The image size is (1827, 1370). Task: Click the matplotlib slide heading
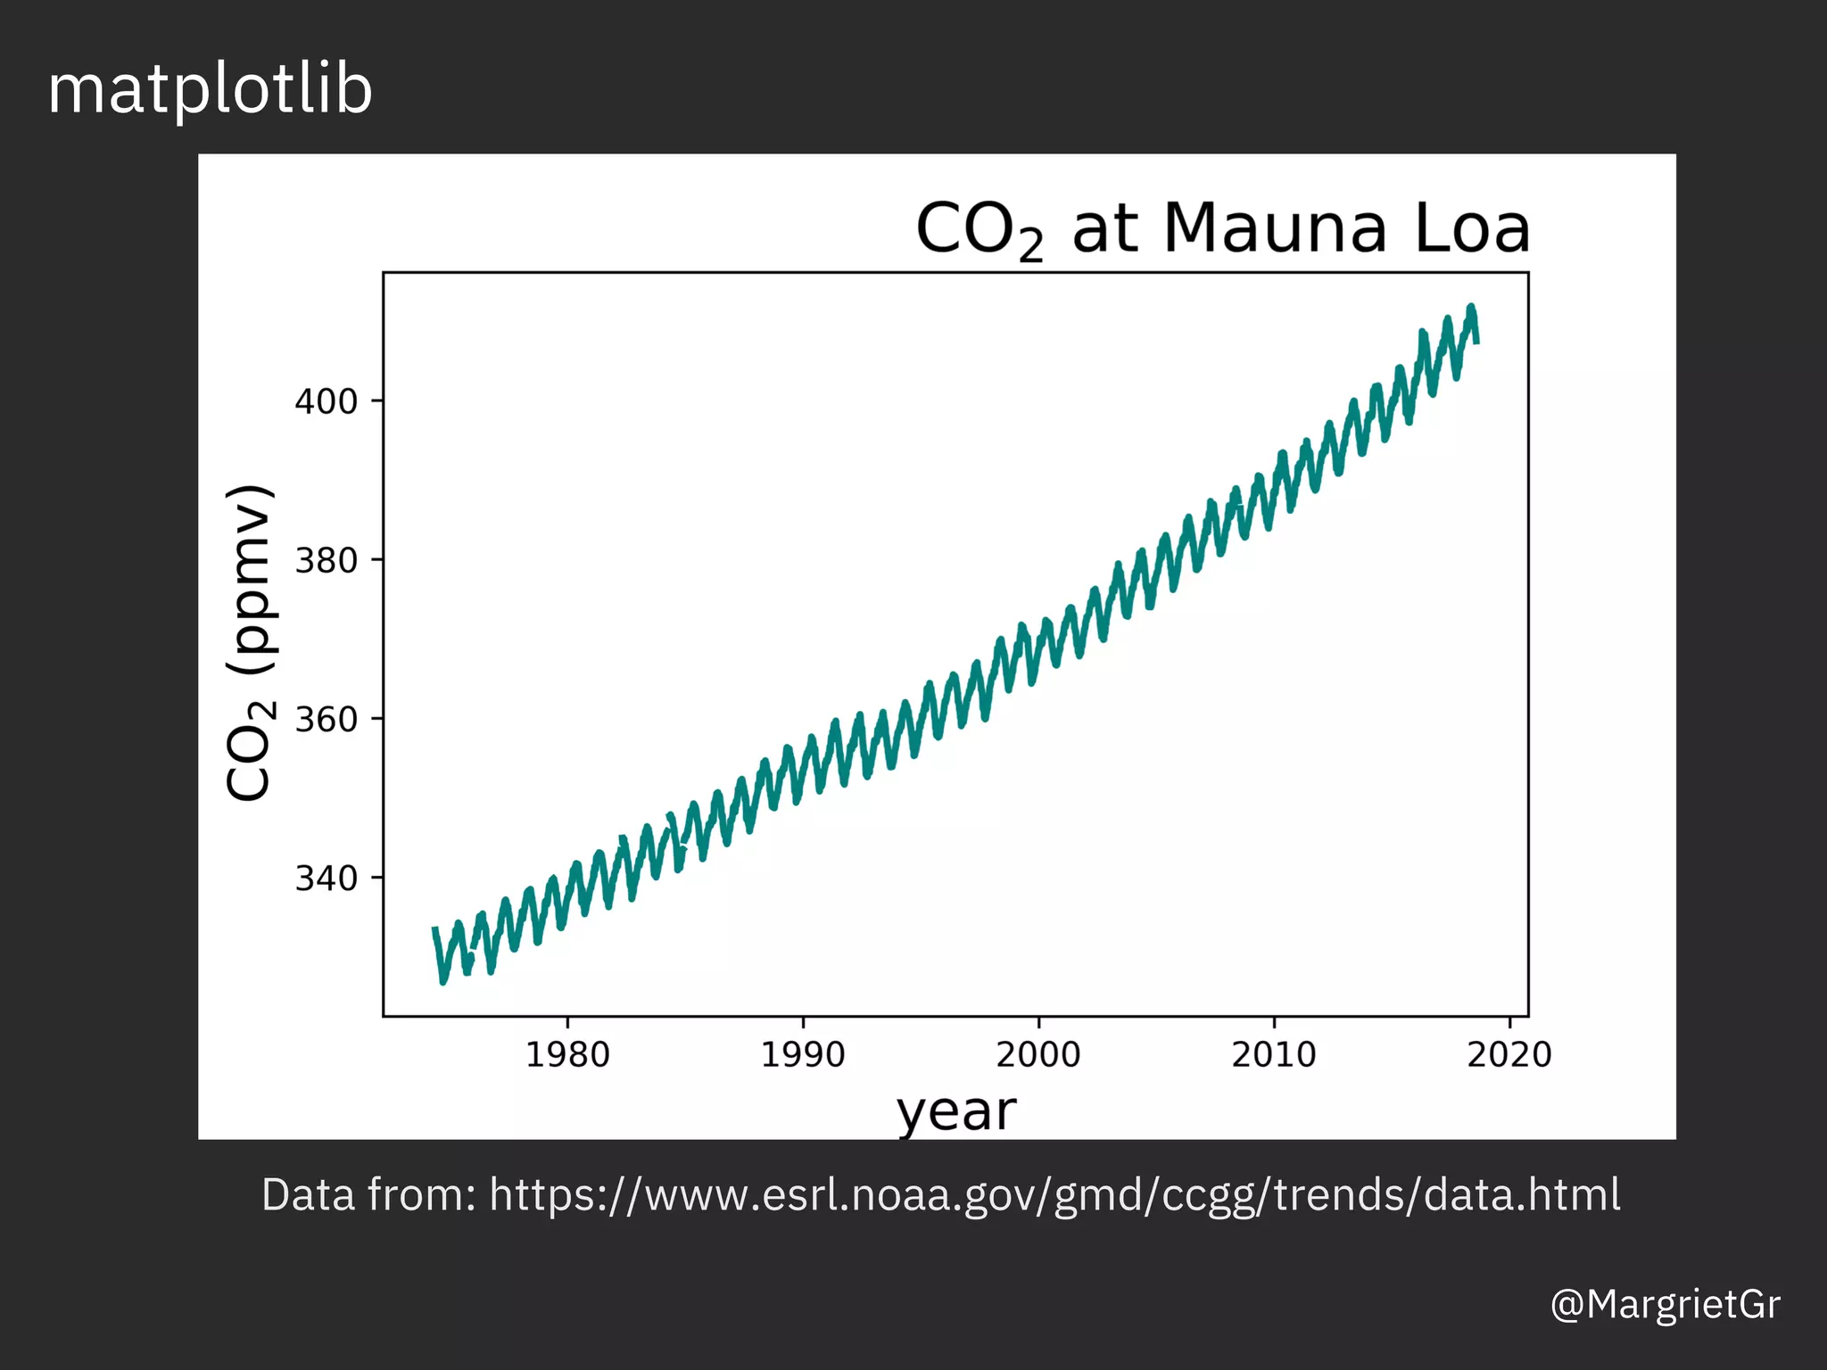(x=210, y=90)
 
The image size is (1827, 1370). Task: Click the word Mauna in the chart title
(x=1275, y=228)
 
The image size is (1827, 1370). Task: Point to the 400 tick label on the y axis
(x=326, y=402)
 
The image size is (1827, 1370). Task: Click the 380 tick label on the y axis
(x=326, y=561)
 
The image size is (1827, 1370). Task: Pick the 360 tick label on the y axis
(x=326, y=720)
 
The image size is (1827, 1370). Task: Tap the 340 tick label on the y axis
(x=326, y=879)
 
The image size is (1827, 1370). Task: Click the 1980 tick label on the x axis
(x=567, y=1055)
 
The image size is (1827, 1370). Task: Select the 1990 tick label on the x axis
(x=803, y=1055)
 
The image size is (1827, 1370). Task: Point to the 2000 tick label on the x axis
(x=1038, y=1055)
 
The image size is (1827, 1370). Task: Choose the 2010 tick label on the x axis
(x=1274, y=1055)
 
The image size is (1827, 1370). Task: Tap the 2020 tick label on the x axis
(x=1509, y=1055)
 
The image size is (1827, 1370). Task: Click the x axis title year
(x=956, y=1112)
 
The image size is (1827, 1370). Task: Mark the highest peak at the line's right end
(x=1472, y=308)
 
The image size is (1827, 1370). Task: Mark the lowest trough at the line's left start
(x=443, y=981)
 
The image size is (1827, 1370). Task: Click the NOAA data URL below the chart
(x=1054, y=1195)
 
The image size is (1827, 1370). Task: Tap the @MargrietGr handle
(x=1666, y=1304)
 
